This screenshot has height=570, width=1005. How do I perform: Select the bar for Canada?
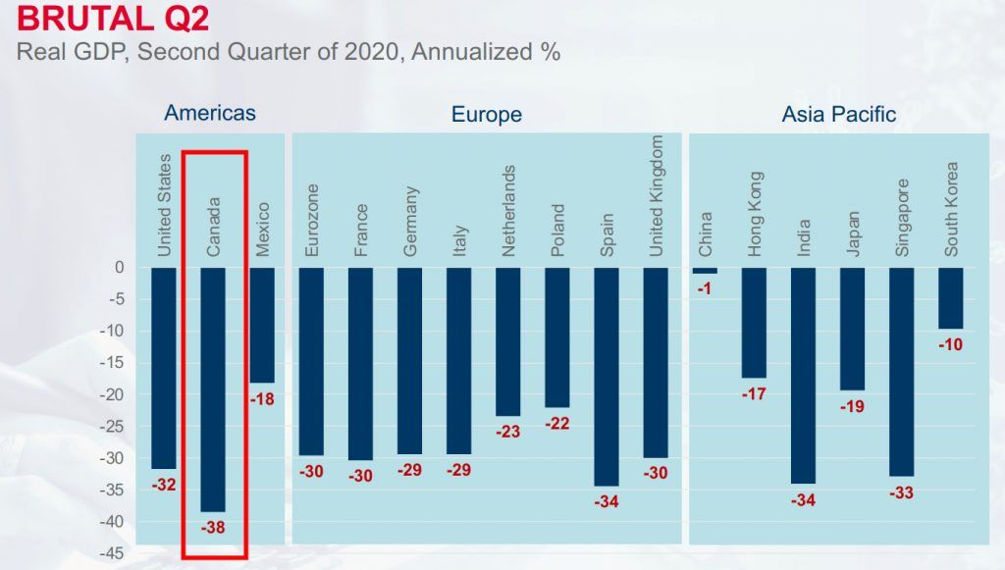point(213,389)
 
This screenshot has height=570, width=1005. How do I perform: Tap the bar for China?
point(705,270)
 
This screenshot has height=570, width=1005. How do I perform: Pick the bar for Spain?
point(607,376)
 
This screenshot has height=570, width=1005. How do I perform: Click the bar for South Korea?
point(950,297)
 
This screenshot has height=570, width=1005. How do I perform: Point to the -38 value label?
point(213,528)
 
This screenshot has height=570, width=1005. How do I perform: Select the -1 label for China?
point(705,288)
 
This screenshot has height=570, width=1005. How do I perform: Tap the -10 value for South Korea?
point(950,344)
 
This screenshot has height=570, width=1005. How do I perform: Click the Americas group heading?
point(210,113)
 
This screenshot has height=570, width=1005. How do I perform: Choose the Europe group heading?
point(486,115)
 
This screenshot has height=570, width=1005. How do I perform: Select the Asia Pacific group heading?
point(838,115)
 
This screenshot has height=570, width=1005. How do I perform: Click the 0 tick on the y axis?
point(119,267)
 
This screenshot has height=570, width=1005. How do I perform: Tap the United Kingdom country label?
point(657,196)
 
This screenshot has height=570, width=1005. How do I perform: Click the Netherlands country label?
point(508,211)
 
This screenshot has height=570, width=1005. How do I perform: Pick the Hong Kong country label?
point(754,215)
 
